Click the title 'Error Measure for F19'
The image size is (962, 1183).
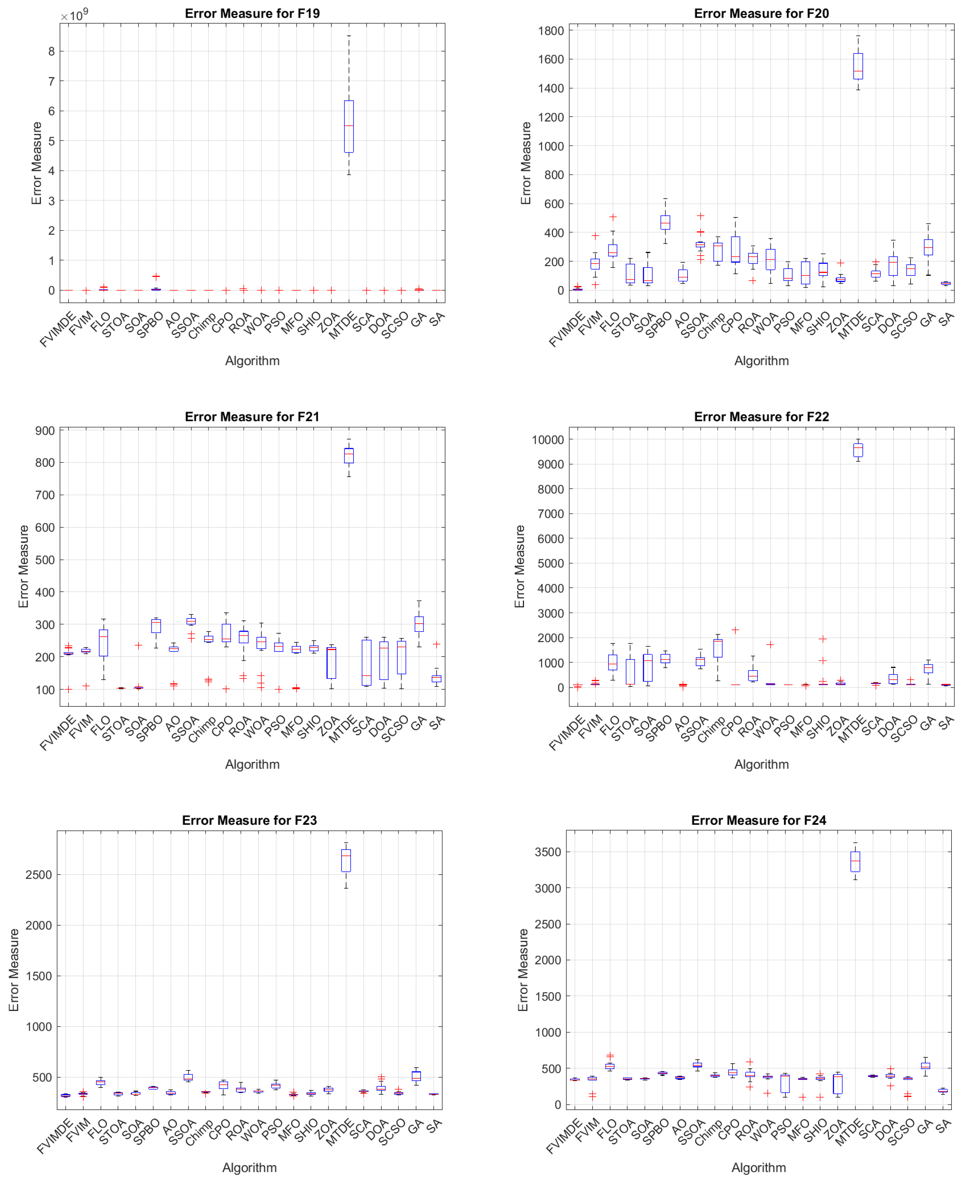pos(252,13)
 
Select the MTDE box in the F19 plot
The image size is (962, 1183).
pos(348,126)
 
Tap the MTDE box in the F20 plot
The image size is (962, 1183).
pos(858,67)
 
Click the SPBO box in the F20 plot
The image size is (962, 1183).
pos(665,222)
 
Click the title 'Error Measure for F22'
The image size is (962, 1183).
pos(761,417)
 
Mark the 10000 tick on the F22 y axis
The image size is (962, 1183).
pos(547,440)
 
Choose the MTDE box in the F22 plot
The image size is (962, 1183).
pos(858,450)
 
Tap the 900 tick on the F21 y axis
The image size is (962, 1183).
pos(45,431)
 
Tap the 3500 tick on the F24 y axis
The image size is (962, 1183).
pos(547,852)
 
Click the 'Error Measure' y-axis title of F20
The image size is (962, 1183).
pos(525,163)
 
